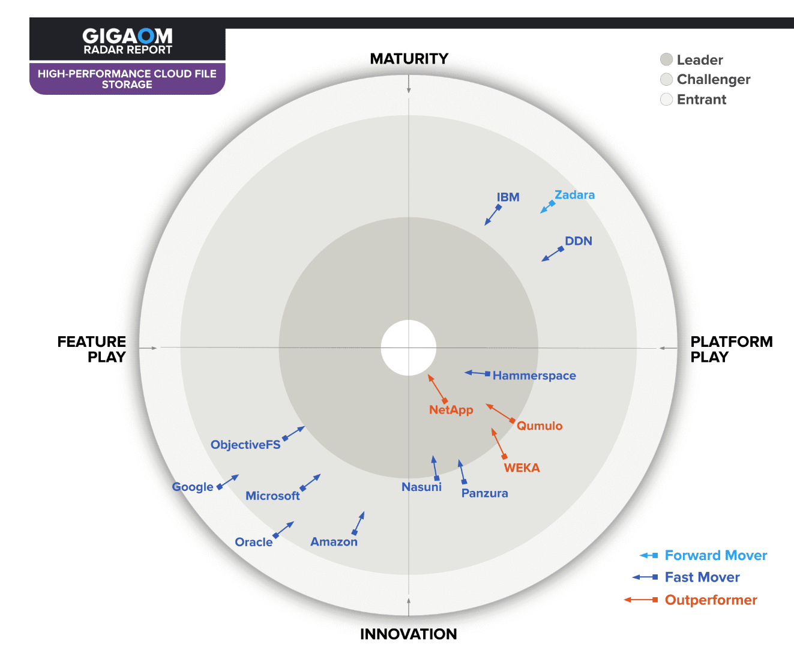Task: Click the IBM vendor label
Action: click(508, 197)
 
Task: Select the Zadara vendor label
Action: click(574, 195)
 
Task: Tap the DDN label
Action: click(579, 241)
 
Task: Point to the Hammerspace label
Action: click(534, 376)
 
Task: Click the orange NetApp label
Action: click(451, 410)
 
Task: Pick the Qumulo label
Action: click(540, 426)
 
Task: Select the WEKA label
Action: click(522, 468)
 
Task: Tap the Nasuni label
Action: click(421, 487)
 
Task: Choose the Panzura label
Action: click(484, 493)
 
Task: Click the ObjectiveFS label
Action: click(245, 445)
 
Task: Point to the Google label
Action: click(193, 487)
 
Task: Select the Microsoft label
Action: click(272, 496)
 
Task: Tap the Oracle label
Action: click(253, 543)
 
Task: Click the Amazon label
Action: click(334, 542)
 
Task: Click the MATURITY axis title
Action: click(409, 59)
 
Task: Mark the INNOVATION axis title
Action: click(408, 634)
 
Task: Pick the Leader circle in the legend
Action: click(666, 59)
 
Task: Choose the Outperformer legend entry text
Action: click(711, 600)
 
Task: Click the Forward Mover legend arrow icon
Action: click(649, 556)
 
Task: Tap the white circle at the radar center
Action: click(409, 348)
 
